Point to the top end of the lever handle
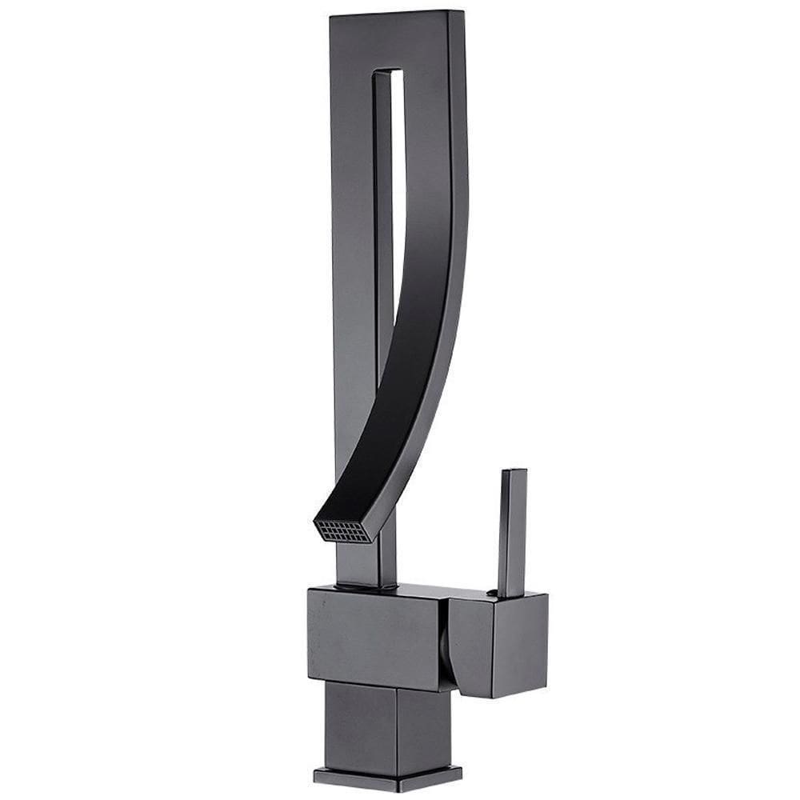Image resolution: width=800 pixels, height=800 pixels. [x=514, y=473]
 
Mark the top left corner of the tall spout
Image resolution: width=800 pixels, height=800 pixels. [x=331, y=17]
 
